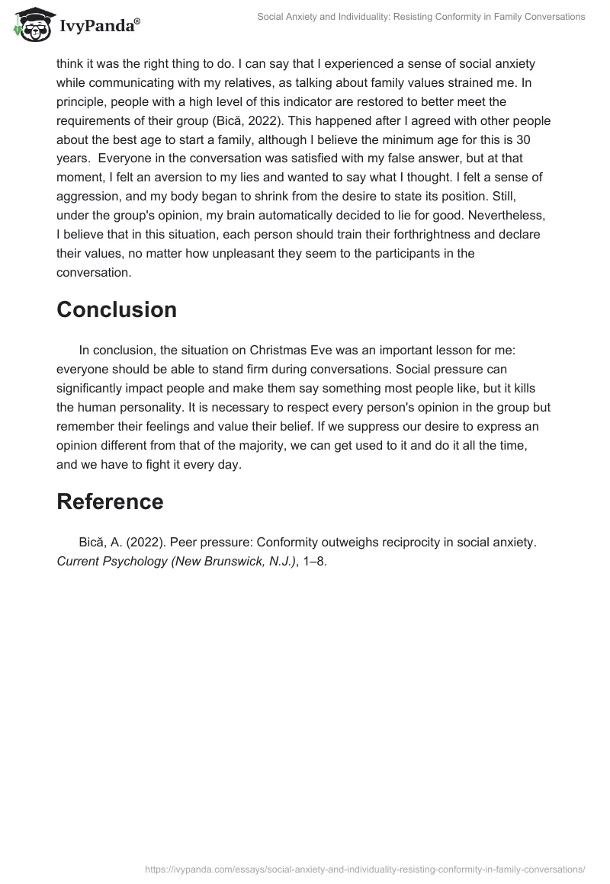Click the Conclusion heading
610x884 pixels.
click(x=117, y=309)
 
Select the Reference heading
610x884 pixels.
click(x=111, y=501)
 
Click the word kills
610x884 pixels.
click(x=534, y=389)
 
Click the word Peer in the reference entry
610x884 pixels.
click(x=183, y=543)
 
